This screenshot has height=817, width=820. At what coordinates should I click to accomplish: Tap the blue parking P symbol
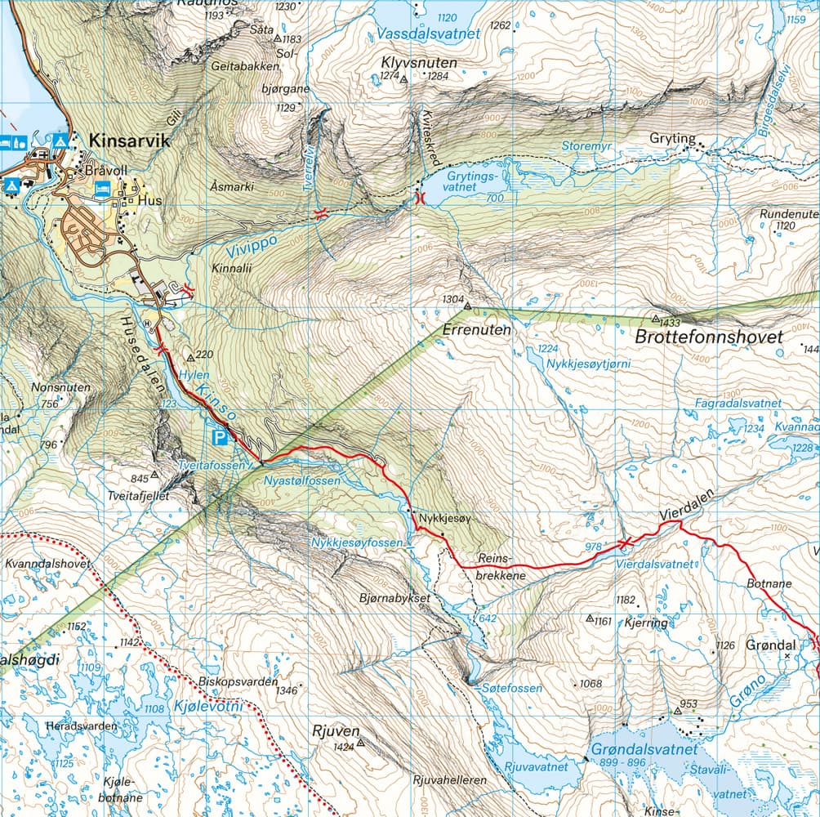point(219,439)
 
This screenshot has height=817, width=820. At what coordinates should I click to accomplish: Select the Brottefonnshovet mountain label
point(708,337)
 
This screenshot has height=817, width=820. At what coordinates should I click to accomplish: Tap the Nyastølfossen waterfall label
point(301,481)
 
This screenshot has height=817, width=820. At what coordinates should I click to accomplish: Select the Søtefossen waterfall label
point(511,688)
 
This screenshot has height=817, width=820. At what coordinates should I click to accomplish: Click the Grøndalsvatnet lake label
point(644,749)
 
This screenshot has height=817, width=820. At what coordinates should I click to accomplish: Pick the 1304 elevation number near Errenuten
point(453,300)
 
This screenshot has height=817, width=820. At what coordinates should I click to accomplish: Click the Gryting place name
point(672,139)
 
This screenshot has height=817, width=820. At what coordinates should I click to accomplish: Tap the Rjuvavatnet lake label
point(536,767)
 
